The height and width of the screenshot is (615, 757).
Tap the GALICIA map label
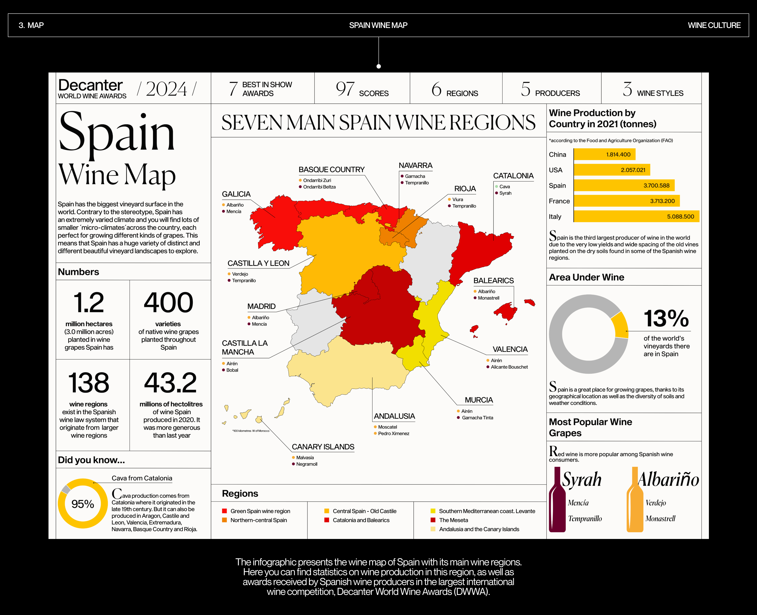tap(236, 194)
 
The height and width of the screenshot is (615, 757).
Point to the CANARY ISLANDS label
tap(323, 447)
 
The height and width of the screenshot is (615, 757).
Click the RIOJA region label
tap(465, 189)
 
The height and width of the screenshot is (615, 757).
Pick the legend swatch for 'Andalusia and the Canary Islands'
tap(433, 529)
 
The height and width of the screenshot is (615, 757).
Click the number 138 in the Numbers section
tap(89, 383)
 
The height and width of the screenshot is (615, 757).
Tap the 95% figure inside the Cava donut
tap(83, 504)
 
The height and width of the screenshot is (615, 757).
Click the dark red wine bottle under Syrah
tap(557, 503)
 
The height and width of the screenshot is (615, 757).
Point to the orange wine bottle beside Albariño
tap(635, 503)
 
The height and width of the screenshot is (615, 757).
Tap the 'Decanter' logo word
tap(90, 85)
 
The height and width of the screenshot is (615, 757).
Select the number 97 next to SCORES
tap(345, 89)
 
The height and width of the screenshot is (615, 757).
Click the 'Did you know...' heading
tap(91, 460)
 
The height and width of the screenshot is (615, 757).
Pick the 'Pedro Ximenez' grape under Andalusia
tap(393, 433)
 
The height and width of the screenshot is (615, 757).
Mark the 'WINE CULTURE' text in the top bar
tap(714, 25)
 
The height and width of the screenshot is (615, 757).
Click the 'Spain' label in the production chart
tap(557, 186)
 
